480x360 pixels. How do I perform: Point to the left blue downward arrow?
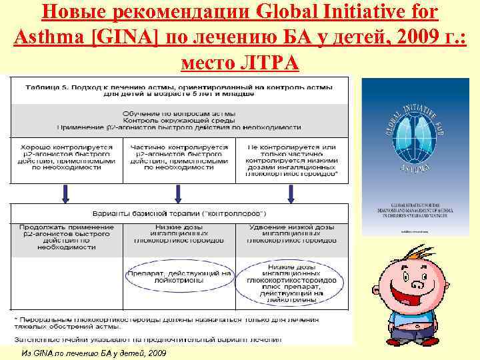click(65, 193)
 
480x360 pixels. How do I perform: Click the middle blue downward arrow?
click(178, 193)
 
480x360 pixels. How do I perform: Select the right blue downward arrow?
click(291, 193)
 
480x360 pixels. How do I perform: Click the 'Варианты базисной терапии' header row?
click(179, 214)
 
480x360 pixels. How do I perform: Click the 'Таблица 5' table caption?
click(179, 90)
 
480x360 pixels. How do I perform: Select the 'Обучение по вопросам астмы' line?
click(179, 113)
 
